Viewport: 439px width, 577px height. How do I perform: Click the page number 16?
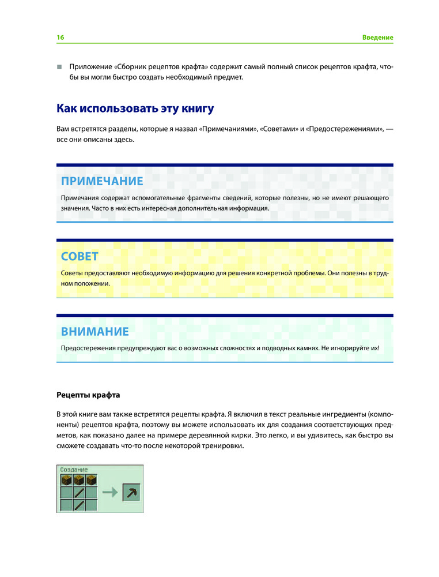pos(60,38)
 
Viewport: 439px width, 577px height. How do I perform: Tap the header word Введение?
pos(377,38)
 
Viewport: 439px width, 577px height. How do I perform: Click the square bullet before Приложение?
pos(59,68)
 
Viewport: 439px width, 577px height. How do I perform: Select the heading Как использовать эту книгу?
pos(135,108)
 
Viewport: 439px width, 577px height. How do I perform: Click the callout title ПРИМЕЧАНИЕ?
pos(102,181)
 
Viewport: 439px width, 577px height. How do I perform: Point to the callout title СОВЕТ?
pos(80,256)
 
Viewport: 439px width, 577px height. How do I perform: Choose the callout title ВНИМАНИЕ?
pos(94,332)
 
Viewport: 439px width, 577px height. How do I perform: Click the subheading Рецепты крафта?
pos(88,395)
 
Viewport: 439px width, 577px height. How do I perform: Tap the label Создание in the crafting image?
pos(74,470)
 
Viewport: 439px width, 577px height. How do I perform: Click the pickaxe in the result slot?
pos(131,493)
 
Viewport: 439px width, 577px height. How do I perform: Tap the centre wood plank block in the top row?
pos(78,480)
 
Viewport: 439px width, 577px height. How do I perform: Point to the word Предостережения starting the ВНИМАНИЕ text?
pos(89,349)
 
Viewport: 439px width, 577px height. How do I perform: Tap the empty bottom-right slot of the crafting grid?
pos(90,505)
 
